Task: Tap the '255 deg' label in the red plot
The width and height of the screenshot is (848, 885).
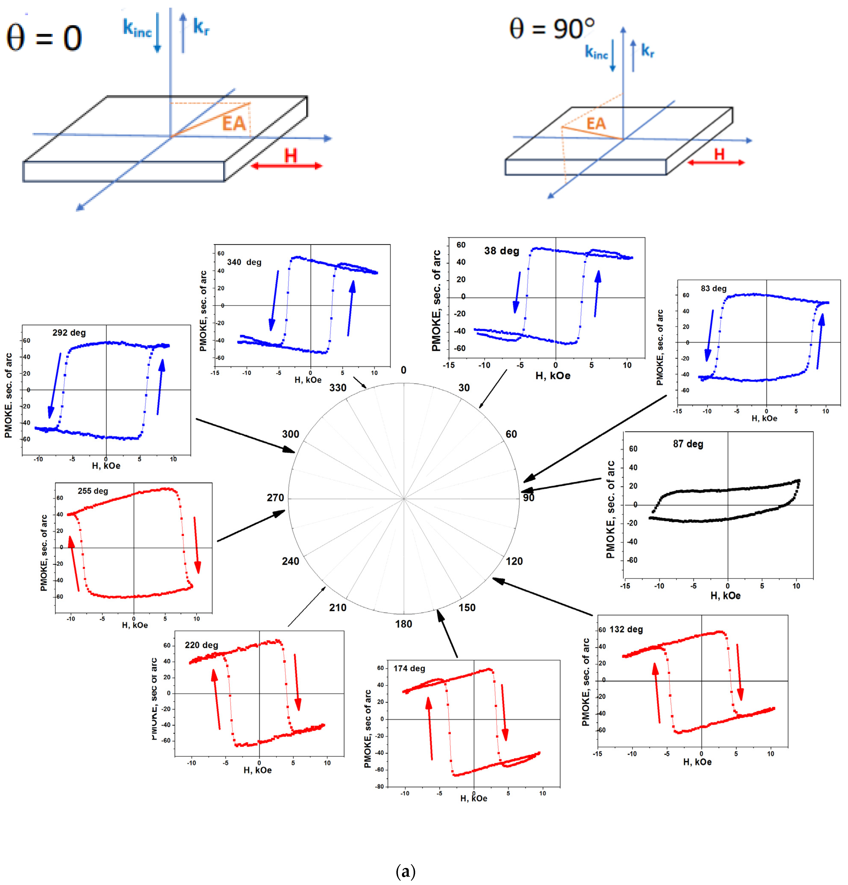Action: pos(93,491)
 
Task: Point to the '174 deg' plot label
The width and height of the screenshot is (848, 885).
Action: pos(409,668)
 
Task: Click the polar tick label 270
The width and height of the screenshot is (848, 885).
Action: pos(275,498)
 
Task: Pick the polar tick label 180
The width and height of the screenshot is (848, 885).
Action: pos(403,624)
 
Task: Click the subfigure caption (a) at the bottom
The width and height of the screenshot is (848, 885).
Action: pos(405,871)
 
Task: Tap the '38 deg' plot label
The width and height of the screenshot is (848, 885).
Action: pos(501,251)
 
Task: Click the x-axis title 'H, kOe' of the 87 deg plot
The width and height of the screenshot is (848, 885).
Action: pos(725,595)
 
